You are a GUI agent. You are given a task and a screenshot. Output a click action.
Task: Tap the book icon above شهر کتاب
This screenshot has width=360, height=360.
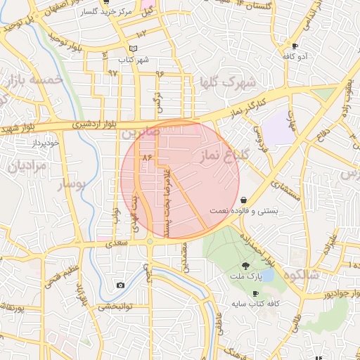pos(133,48)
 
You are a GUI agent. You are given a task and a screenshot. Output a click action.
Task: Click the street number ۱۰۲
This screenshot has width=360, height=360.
pos(141,34)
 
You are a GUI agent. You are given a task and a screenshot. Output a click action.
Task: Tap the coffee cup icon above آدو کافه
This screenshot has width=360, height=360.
pos(295,45)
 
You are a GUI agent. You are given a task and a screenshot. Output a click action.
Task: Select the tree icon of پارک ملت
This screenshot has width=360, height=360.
pos(245,265)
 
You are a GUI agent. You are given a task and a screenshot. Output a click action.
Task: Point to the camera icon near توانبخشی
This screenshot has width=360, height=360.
pos(121,285)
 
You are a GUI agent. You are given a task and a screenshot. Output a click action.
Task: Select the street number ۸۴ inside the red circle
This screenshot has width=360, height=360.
pos(147,157)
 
